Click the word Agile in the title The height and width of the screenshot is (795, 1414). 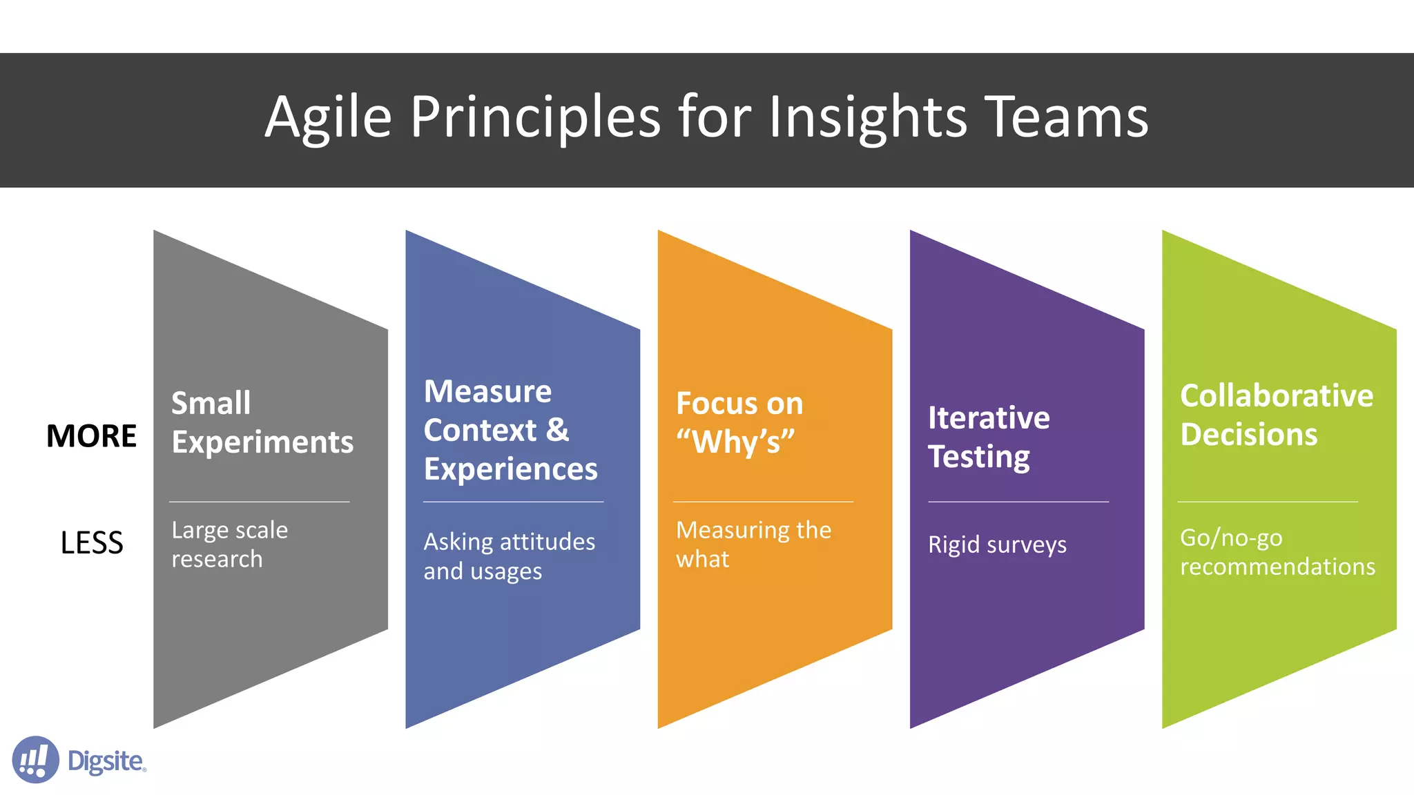point(328,117)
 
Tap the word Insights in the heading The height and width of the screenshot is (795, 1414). point(868,117)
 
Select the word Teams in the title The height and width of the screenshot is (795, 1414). point(1066,117)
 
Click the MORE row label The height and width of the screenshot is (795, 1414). point(91,436)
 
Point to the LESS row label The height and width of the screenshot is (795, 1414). point(91,543)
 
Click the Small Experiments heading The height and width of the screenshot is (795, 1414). point(262,422)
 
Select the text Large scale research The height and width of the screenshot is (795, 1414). point(229,544)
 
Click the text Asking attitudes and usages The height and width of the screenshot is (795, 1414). point(509,556)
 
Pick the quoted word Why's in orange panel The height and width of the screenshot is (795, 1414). point(735,442)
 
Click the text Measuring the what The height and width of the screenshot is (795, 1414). point(753,544)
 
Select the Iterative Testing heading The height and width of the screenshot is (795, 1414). point(988,437)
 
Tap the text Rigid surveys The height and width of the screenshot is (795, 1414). point(997,544)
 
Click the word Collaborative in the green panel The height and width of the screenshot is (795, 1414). point(1276,396)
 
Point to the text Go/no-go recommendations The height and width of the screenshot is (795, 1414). point(1277,552)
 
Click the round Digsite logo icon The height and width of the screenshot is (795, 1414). point(35,760)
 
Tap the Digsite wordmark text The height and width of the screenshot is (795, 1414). point(106,761)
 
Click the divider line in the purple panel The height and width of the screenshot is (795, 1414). point(1018,502)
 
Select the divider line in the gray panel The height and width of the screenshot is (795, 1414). point(260,502)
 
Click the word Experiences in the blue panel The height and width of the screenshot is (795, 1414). point(510,469)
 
